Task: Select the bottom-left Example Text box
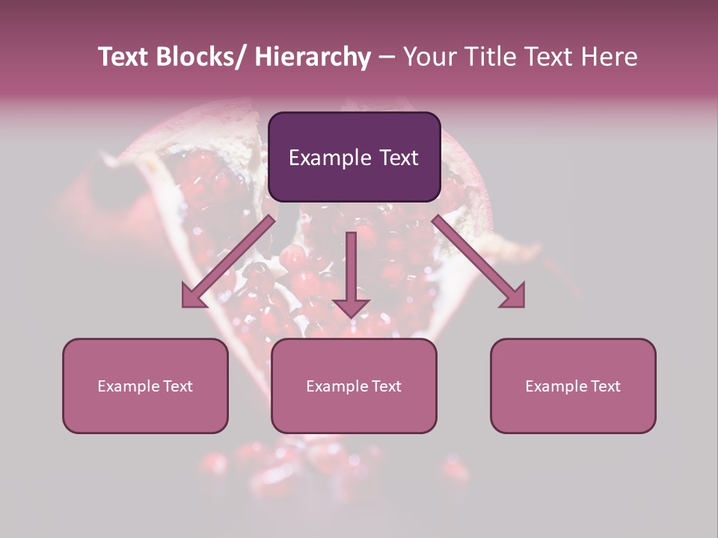point(145,386)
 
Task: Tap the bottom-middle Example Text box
point(354,386)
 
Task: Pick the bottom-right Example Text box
point(573,386)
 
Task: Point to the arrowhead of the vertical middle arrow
point(351,308)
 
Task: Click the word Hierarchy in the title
point(312,57)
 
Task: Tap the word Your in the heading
point(427,57)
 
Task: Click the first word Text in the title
point(123,57)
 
